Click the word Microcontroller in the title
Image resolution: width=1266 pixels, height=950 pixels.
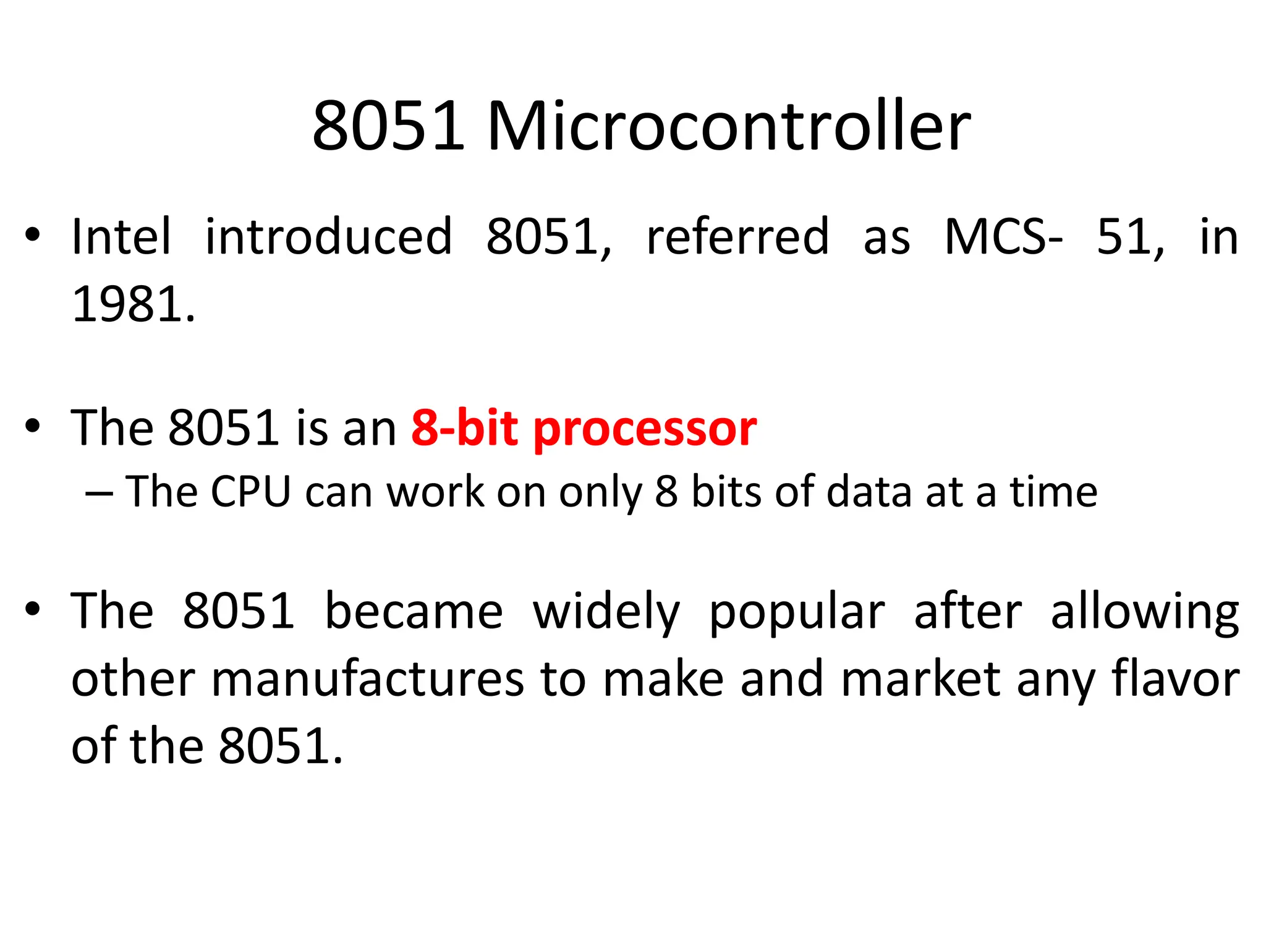click(x=729, y=127)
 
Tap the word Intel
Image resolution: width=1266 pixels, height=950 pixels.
click(x=121, y=237)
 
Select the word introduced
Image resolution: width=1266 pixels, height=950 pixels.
click(x=328, y=237)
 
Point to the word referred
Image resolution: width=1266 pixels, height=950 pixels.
click(x=737, y=237)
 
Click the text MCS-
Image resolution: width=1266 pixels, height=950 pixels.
click(x=1003, y=237)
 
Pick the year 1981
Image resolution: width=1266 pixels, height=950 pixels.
click(x=133, y=304)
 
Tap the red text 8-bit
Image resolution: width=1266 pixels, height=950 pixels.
click(x=464, y=428)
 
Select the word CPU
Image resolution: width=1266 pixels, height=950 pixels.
click(x=250, y=492)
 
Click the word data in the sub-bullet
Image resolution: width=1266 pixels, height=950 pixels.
click(x=869, y=492)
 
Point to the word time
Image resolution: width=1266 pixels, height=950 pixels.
click(x=1053, y=492)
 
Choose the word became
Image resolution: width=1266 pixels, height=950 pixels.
click(x=414, y=612)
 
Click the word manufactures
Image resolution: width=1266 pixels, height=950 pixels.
click(x=368, y=680)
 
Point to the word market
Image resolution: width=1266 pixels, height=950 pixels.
click(x=921, y=680)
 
